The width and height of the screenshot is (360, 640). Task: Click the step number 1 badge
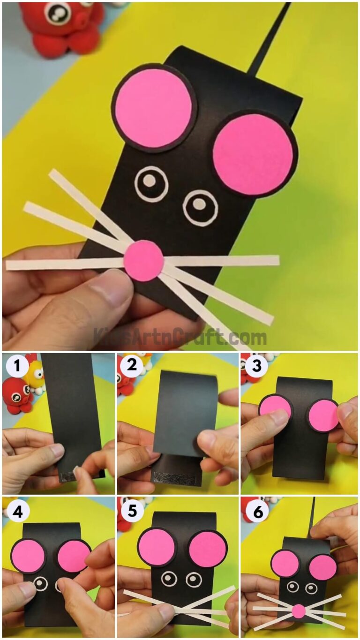17,366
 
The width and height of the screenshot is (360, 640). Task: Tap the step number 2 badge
132,366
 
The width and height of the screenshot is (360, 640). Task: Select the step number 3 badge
256,366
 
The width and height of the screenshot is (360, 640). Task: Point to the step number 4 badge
17,512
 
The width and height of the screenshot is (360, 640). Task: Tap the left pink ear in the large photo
154,108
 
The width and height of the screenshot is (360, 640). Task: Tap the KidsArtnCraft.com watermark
180,337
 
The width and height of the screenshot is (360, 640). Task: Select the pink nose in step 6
298,611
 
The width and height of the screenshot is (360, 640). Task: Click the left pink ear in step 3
275,407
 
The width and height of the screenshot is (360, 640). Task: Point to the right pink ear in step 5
208,549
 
